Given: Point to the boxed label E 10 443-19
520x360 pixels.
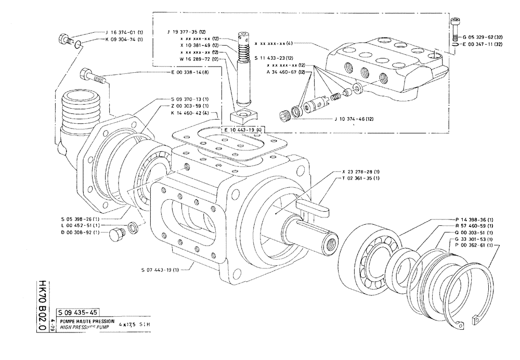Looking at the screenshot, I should (x=242, y=129).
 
